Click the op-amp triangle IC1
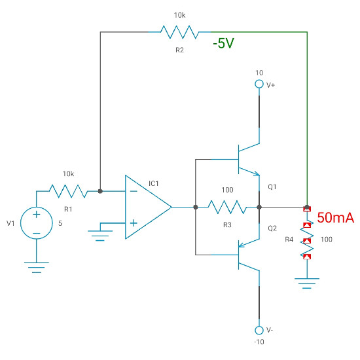(x=147, y=207)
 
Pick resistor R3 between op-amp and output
(x=227, y=207)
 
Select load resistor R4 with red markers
(x=306, y=240)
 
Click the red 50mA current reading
(x=335, y=219)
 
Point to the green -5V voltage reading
(x=224, y=45)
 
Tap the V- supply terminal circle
(x=259, y=329)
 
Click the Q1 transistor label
(x=273, y=187)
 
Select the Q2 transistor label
(x=273, y=228)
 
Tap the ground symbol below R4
(x=306, y=281)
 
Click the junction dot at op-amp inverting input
(x=99, y=191)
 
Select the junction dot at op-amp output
(x=196, y=207)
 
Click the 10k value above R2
(x=179, y=14)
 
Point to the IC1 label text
(x=154, y=184)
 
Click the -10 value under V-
(x=259, y=342)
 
